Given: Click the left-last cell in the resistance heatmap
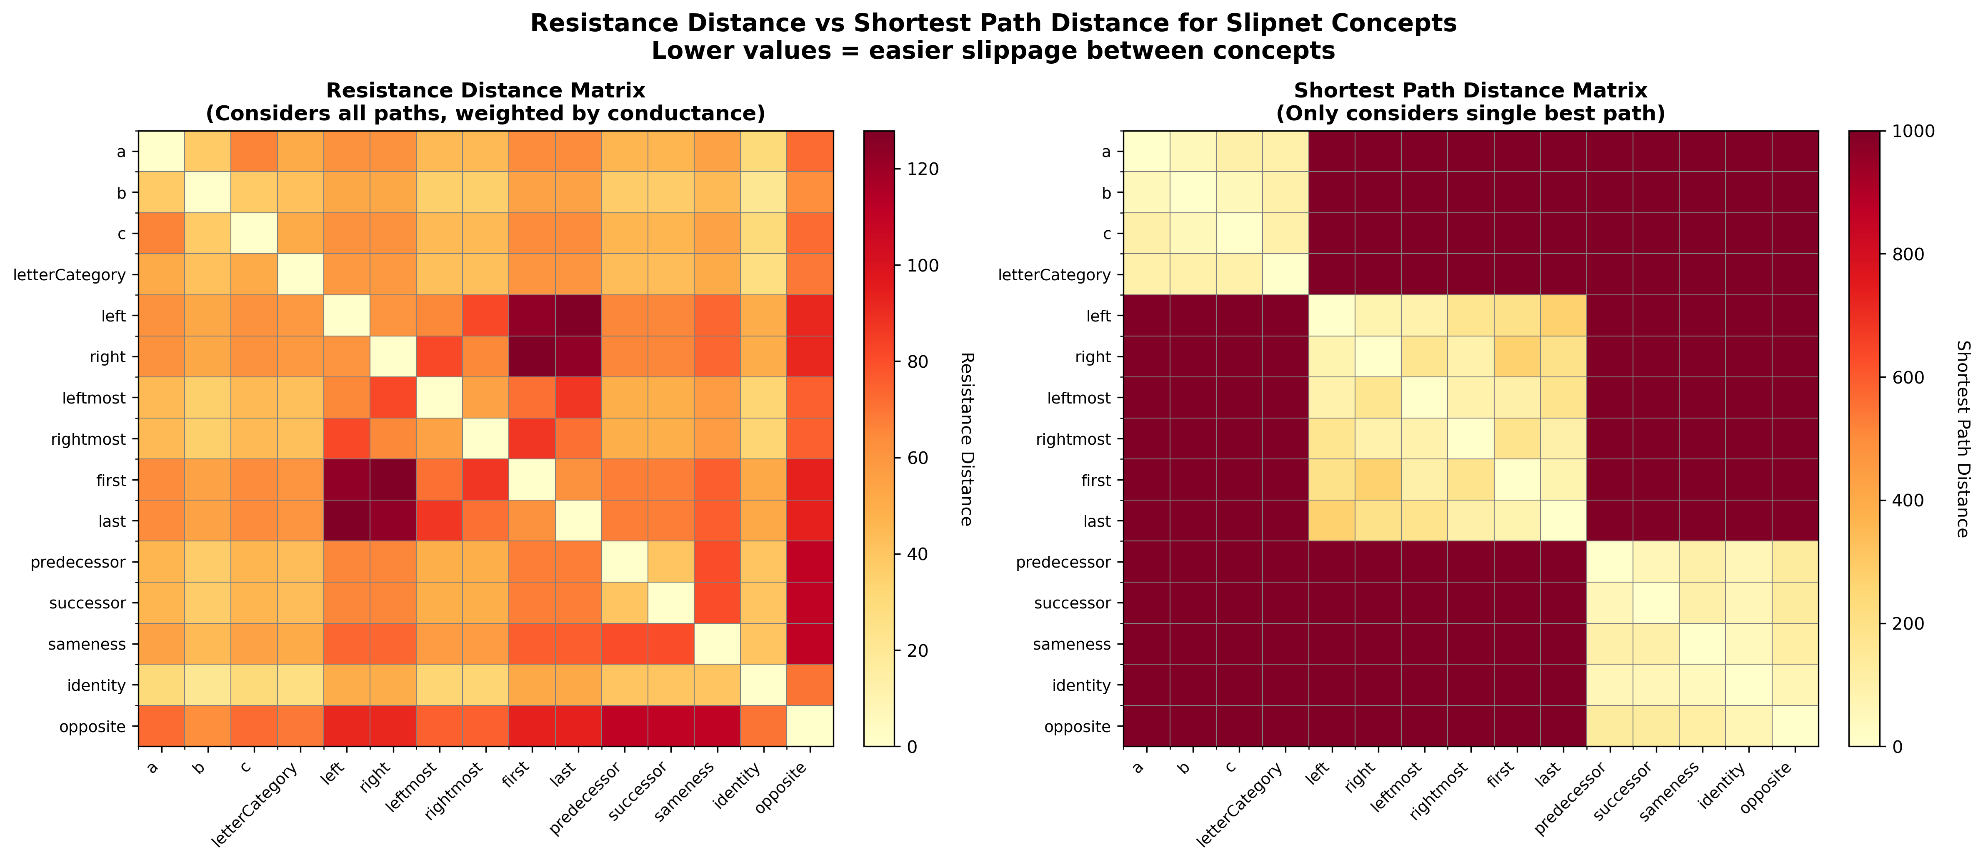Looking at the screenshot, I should tap(578, 316).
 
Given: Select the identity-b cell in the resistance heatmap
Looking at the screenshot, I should tap(208, 685).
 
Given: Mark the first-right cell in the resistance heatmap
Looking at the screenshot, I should tap(393, 479).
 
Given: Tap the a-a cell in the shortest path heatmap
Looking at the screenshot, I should tap(1146, 152).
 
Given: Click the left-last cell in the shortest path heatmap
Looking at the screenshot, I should tap(1563, 316).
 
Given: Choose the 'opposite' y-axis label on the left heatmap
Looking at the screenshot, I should tap(93, 726).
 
